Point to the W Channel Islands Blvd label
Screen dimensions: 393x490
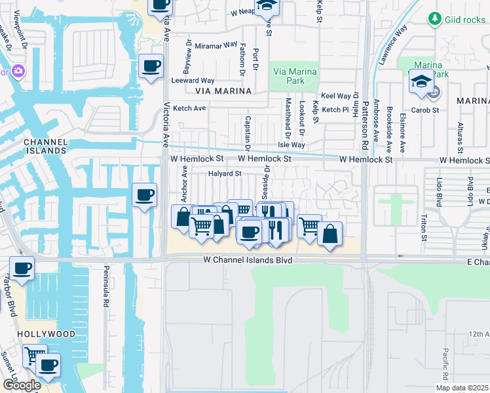click(247, 260)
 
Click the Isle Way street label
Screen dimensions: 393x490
click(292, 145)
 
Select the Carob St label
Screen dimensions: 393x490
click(426, 110)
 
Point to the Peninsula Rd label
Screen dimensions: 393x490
click(104, 288)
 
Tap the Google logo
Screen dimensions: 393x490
click(22, 385)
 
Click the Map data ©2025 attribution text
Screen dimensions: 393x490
click(461, 388)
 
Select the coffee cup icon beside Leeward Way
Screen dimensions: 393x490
click(151, 66)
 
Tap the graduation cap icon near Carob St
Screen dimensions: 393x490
click(421, 82)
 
